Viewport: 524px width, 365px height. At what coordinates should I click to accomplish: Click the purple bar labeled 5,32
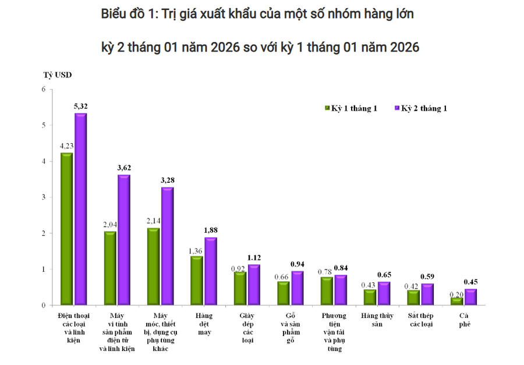click(x=81, y=209)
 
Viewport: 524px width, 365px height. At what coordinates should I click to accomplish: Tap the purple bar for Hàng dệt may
click(x=210, y=271)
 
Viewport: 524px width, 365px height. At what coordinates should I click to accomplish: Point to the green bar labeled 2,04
click(x=110, y=268)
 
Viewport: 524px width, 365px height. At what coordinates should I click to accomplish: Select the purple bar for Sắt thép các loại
click(x=427, y=295)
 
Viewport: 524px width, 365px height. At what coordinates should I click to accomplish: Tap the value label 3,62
click(x=124, y=168)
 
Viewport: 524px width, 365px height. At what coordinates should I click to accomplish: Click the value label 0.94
click(x=298, y=264)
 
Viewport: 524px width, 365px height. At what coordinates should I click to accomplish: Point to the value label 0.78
click(x=326, y=272)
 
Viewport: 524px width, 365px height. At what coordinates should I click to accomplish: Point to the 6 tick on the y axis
click(x=43, y=89)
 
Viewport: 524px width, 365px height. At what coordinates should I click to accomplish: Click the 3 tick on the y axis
click(x=43, y=197)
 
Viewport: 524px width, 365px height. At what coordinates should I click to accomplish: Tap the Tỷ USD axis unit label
click(x=57, y=75)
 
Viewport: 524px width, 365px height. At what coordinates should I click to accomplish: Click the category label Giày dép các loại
click(x=247, y=328)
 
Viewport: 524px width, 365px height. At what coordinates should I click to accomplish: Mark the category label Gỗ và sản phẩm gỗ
click(x=291, y=328)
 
